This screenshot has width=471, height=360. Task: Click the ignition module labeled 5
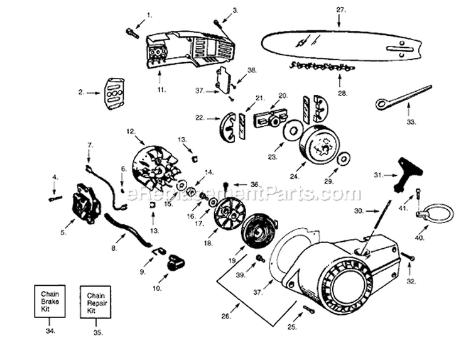point(85,202)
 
